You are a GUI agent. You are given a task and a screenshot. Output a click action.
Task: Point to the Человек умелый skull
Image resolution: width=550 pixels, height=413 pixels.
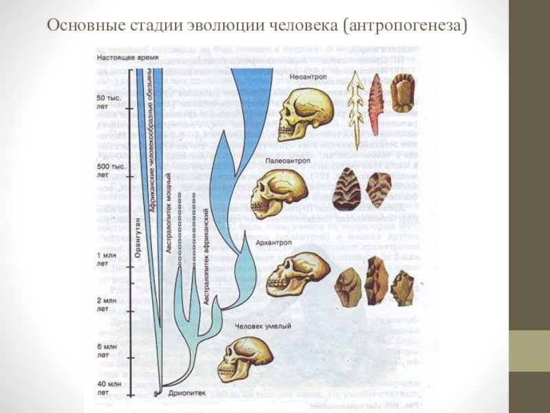pos(244,358)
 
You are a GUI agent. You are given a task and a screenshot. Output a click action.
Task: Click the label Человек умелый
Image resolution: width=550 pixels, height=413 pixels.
pos(263,326)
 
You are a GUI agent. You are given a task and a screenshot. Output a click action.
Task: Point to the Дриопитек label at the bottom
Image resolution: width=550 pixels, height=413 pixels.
pos(184,394)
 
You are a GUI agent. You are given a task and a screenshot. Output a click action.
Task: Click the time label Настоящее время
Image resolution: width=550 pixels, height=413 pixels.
pos(124,58)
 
